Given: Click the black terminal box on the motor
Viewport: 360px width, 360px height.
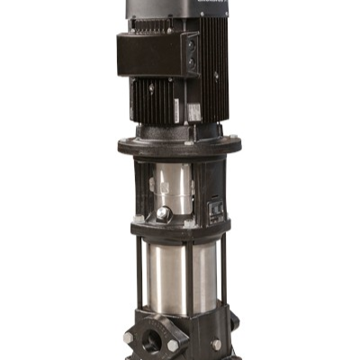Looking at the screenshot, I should coord(153,56).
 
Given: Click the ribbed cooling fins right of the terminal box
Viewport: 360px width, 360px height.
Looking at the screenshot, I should coord(214,63).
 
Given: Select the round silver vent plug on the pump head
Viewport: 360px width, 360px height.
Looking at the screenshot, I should coord(162,214).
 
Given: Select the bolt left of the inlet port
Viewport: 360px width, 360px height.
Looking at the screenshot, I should coord(129,337).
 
